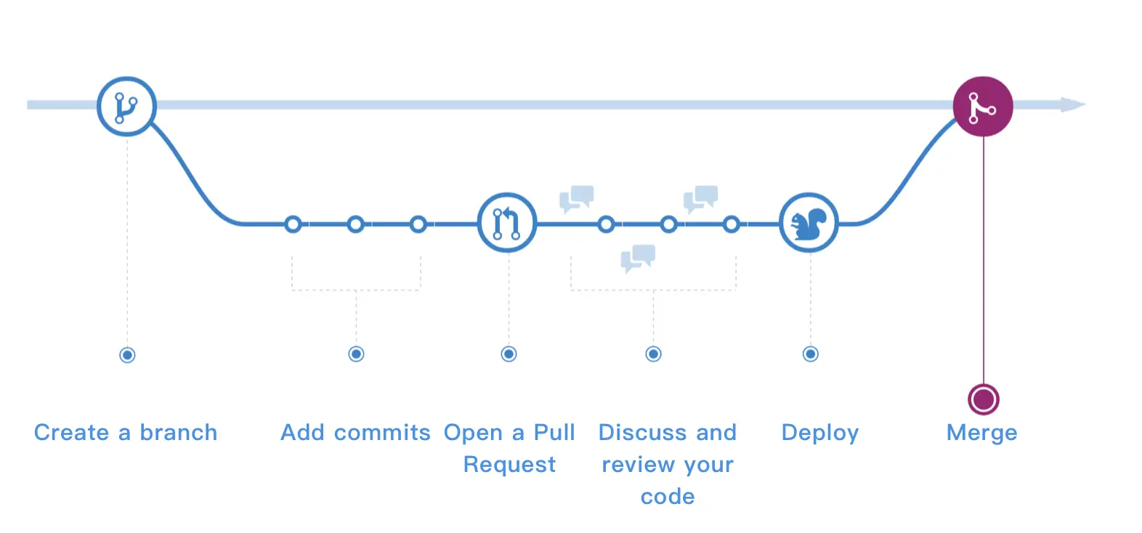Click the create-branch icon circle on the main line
point(127,107)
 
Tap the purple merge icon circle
point(983,107)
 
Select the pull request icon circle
point(508,223)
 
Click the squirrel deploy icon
point(809,223)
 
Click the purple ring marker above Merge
point(984,399)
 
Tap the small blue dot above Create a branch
point(127,355)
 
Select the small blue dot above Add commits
point(356,354)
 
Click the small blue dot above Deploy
point(811,354)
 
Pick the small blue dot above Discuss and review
point(653,354)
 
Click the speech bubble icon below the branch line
point(638,258)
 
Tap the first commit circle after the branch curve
point(293,224)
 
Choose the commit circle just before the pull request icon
point(418,224)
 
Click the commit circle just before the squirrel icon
point(732,224)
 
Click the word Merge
point(981,433)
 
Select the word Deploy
point(820,433)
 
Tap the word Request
point(509,465)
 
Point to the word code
point(668,497)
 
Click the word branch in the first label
point(178,433)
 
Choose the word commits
point(382,433)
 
